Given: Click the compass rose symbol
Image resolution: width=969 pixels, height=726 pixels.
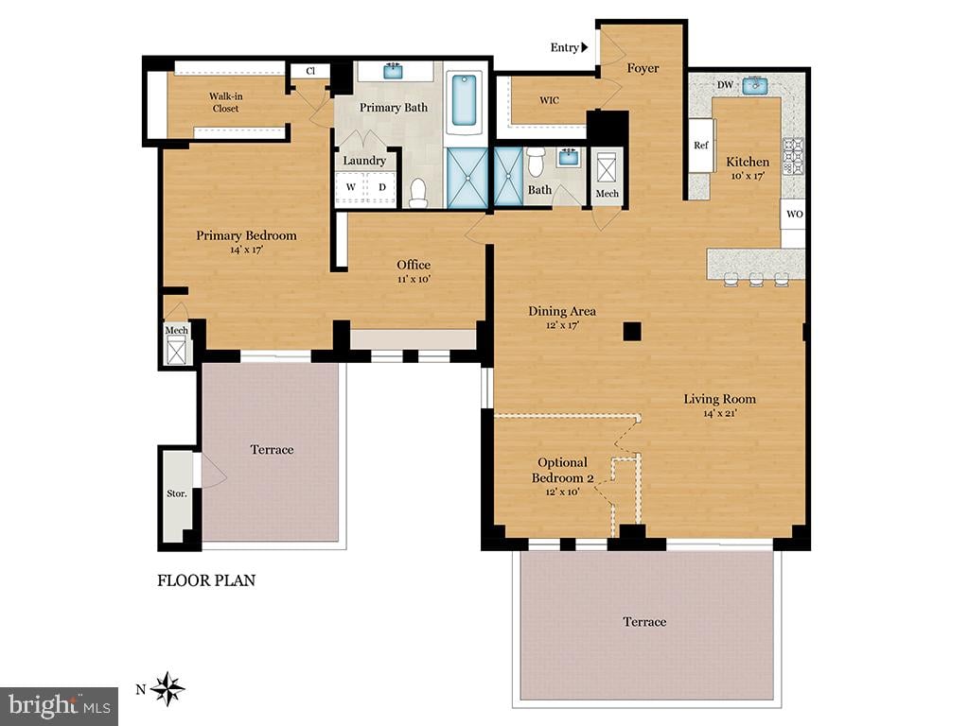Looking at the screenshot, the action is [x=167, y=689].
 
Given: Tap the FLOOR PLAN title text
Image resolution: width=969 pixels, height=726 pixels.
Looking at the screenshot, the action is [x=206, y=580].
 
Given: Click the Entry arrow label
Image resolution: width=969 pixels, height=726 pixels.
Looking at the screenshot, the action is [x=569, y=47].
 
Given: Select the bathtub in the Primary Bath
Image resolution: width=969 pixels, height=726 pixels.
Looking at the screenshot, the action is [x=464, y=99].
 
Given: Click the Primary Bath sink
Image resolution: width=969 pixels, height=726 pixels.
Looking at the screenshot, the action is [x=393, y=71].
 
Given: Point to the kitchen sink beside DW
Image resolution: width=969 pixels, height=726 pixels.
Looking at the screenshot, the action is [x=755, y=85].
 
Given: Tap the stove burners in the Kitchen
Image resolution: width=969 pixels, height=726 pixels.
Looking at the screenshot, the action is [x=794, y=156].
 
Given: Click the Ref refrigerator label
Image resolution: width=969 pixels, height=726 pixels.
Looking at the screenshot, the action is [x=701, y=145].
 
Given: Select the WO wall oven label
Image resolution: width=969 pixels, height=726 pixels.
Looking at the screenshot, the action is [x=795, y=215].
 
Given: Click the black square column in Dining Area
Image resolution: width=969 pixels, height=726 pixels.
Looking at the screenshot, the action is [x=632, y=332].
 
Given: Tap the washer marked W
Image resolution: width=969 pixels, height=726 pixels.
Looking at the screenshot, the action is [x=351, y=187].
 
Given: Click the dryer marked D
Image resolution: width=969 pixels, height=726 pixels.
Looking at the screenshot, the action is [x=382, y=187].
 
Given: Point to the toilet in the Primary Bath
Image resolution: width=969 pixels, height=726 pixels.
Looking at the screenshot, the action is [x=418, y=193].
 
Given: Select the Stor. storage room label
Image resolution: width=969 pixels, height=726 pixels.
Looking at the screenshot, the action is [x=177, y=493].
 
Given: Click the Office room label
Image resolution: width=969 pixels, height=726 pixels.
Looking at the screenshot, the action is [x=414, y=265].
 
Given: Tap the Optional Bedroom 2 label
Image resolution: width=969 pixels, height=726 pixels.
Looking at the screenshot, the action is [x=562, y=470].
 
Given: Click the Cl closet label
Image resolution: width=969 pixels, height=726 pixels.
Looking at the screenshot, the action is [x=310, y=71].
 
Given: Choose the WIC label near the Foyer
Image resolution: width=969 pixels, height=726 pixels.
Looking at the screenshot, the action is [x=550, y=100].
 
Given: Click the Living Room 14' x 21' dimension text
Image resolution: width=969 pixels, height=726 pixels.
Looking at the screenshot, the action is [x=720, y=414].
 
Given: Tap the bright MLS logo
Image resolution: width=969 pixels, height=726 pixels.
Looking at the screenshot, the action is [x=59, y=706].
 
